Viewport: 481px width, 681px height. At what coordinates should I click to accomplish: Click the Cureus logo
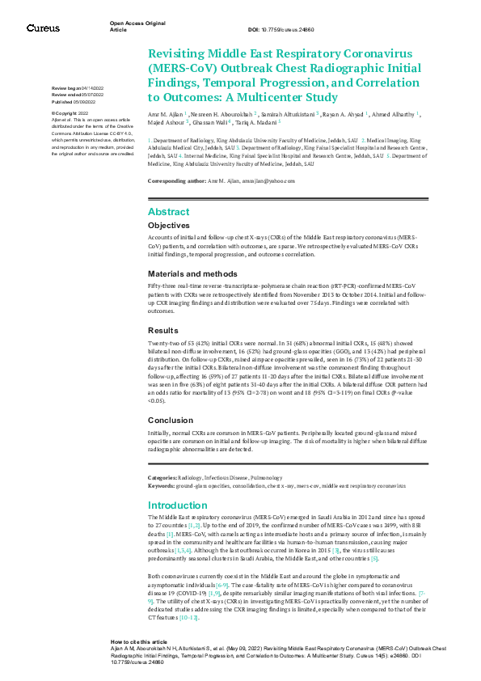(42, 28)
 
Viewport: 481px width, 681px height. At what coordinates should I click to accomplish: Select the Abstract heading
(168, 211)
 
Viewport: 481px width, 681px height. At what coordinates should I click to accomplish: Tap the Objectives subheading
(169, 225)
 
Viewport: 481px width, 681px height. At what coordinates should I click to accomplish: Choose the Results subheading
(163, 330)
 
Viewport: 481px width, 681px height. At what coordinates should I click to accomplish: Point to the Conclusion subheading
(170, 421)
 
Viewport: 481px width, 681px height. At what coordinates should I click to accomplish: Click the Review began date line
(78, 87)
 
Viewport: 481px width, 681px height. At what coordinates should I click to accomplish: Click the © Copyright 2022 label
(74, 114)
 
